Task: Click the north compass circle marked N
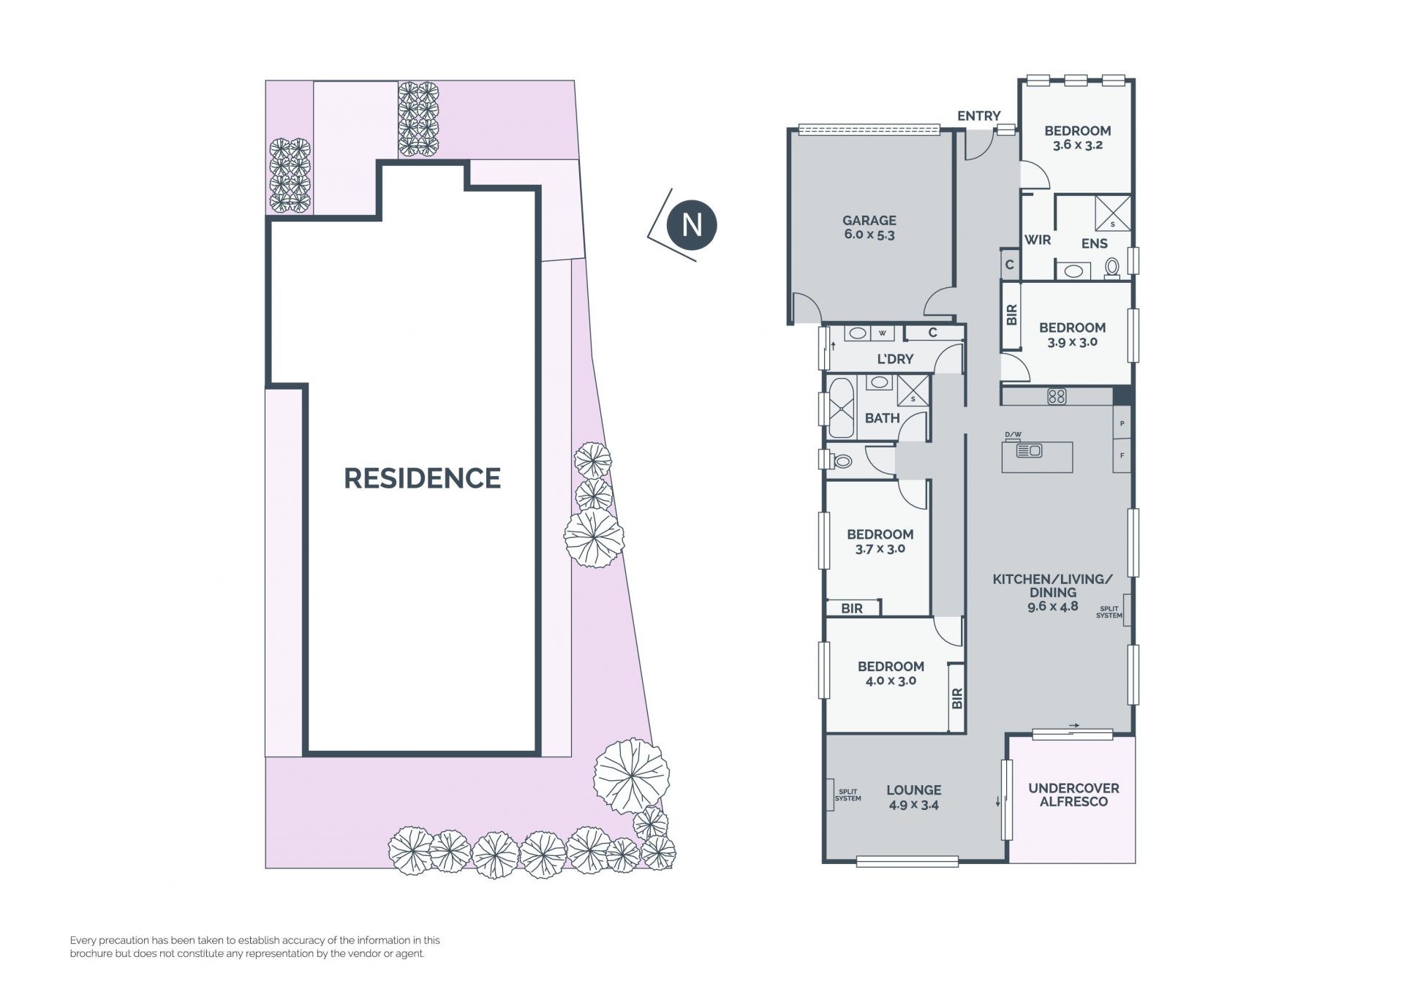pyautogui.click(x=692, y=224)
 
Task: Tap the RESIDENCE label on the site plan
pyautogui.click(x=423, y=478)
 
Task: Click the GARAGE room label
pyautogui.click(x=869, y=220)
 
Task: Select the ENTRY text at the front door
pyautogui.click(x=978, y=116)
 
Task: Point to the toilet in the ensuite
pyautogui.click(x=1112, y=268)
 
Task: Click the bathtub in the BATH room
pyautogui.click(x=842, y=407)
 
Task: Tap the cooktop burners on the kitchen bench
pyautogui.click(x=1057, y=396)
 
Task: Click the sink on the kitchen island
pyautogui.click(x=1030, y=450)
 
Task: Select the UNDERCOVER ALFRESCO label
pyautogui.click(x=1073, y=795)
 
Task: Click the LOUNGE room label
pyautogui.click(x=913, y=790)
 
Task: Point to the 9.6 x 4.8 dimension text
pyautogui.click(x=1052, y=606)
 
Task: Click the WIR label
pyautogui.click(x=1038, y=240)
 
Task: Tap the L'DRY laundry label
pyautogui.click(x=895, y=359)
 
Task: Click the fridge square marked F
pyautogui.click(x=1122, y=455)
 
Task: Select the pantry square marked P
pyautogui.click(x=1122, y=423)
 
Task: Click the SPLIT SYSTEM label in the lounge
pyautogui.click(x=848, y=795)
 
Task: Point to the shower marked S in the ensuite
pyautogui.click(x=1112, y=213)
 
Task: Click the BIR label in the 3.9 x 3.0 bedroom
pyautogui.click(x=1011, y=315)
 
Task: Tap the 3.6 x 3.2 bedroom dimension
pyautogui.click(x=1077, y=145)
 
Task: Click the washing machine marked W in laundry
pyautogui.click(x=883, y=333)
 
